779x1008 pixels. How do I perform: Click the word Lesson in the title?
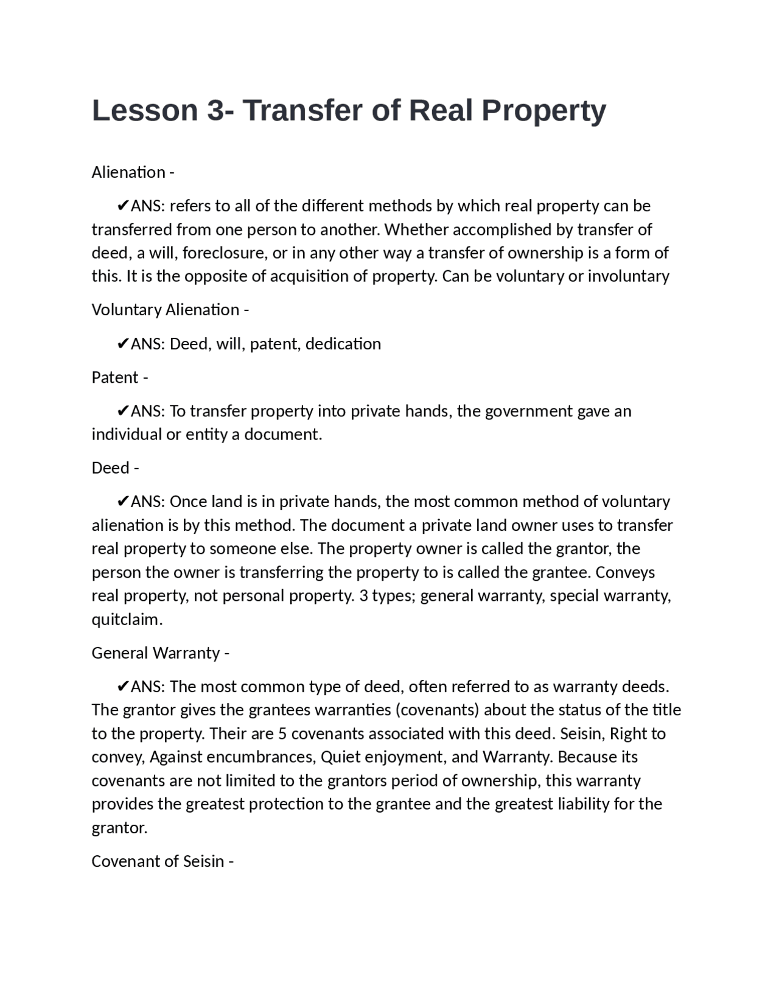click(x=145, y=111)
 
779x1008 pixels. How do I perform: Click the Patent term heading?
click(x=115, y=377)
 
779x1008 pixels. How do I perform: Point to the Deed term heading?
click(x=110, y=467)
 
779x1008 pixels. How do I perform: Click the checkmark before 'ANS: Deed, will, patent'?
click(x=122, y=344)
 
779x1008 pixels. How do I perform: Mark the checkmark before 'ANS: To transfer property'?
click(x=122, y=411)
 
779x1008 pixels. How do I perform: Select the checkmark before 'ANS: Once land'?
click(x=122, y=502)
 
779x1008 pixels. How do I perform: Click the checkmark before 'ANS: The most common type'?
click(x=122, y=687)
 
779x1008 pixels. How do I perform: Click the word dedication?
click(x=343, y=344)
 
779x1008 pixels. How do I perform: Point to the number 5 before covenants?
click(x=282, y=733)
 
